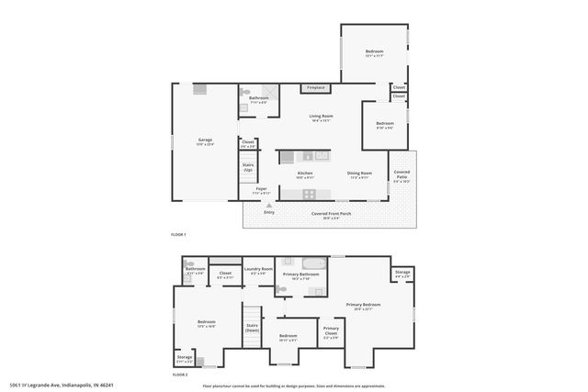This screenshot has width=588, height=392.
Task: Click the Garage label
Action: click(x=192, y=140)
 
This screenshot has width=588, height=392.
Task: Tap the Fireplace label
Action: click(x=316, y=88)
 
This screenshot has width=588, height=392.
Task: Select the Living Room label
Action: click(x=321, y=116)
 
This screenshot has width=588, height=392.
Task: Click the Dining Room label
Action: click(x=359, y=173)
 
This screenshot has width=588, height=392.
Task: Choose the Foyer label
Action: click(x=261, y=188)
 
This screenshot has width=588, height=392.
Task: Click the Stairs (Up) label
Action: click(x=248, y=169)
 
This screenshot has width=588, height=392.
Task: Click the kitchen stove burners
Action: click(x=310, y=193)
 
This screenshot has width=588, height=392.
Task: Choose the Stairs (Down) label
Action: click(x=252, y=327)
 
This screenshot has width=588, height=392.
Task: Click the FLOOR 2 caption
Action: click(x=180, y=375)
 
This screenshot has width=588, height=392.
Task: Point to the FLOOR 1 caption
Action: click(x=178, y=235)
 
